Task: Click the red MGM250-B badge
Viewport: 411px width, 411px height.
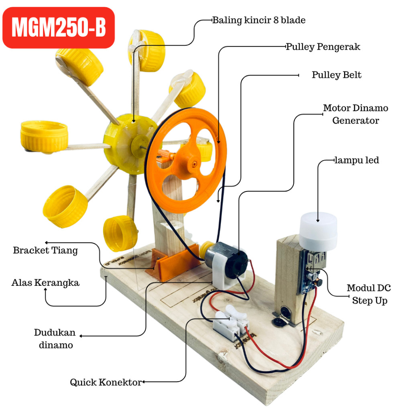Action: pyautogui.click(x=59, y=28)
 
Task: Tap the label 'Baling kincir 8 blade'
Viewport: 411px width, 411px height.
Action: pyautogui.click(x=258, y=20)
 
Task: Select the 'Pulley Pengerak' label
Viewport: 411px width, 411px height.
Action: pyautogui.click(x=323, y=47)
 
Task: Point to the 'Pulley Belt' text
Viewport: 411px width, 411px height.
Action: pyautogui.click(x=336, y=75)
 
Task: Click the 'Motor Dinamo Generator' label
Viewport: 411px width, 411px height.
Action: pyautogui.click(x=356, y=114)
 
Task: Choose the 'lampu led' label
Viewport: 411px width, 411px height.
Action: pyautogui.click(x=357, y=161)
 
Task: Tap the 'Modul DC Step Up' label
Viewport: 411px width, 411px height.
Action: pyautogui.click(x=368, y=294)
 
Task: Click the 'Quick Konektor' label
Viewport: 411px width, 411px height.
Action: pyautogui.click(x=106, y=382)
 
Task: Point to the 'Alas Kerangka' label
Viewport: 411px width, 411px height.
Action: pyautogui.click(x=45, y=283)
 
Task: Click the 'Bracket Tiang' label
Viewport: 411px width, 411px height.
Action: pyautogui.click(x=45, y=250)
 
